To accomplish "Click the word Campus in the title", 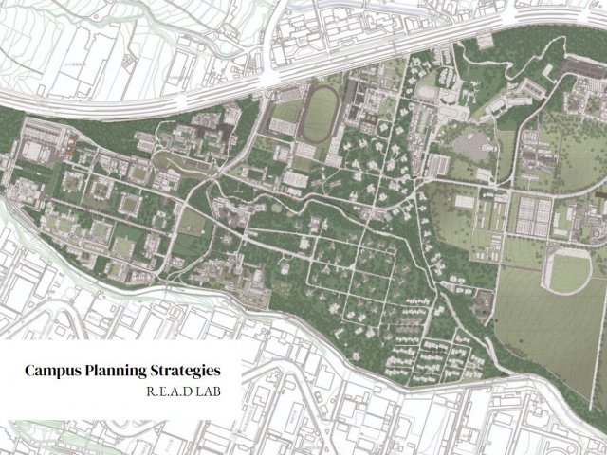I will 55,369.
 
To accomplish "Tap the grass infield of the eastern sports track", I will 565,272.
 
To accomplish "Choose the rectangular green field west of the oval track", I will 284,114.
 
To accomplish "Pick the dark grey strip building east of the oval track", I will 354,96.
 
